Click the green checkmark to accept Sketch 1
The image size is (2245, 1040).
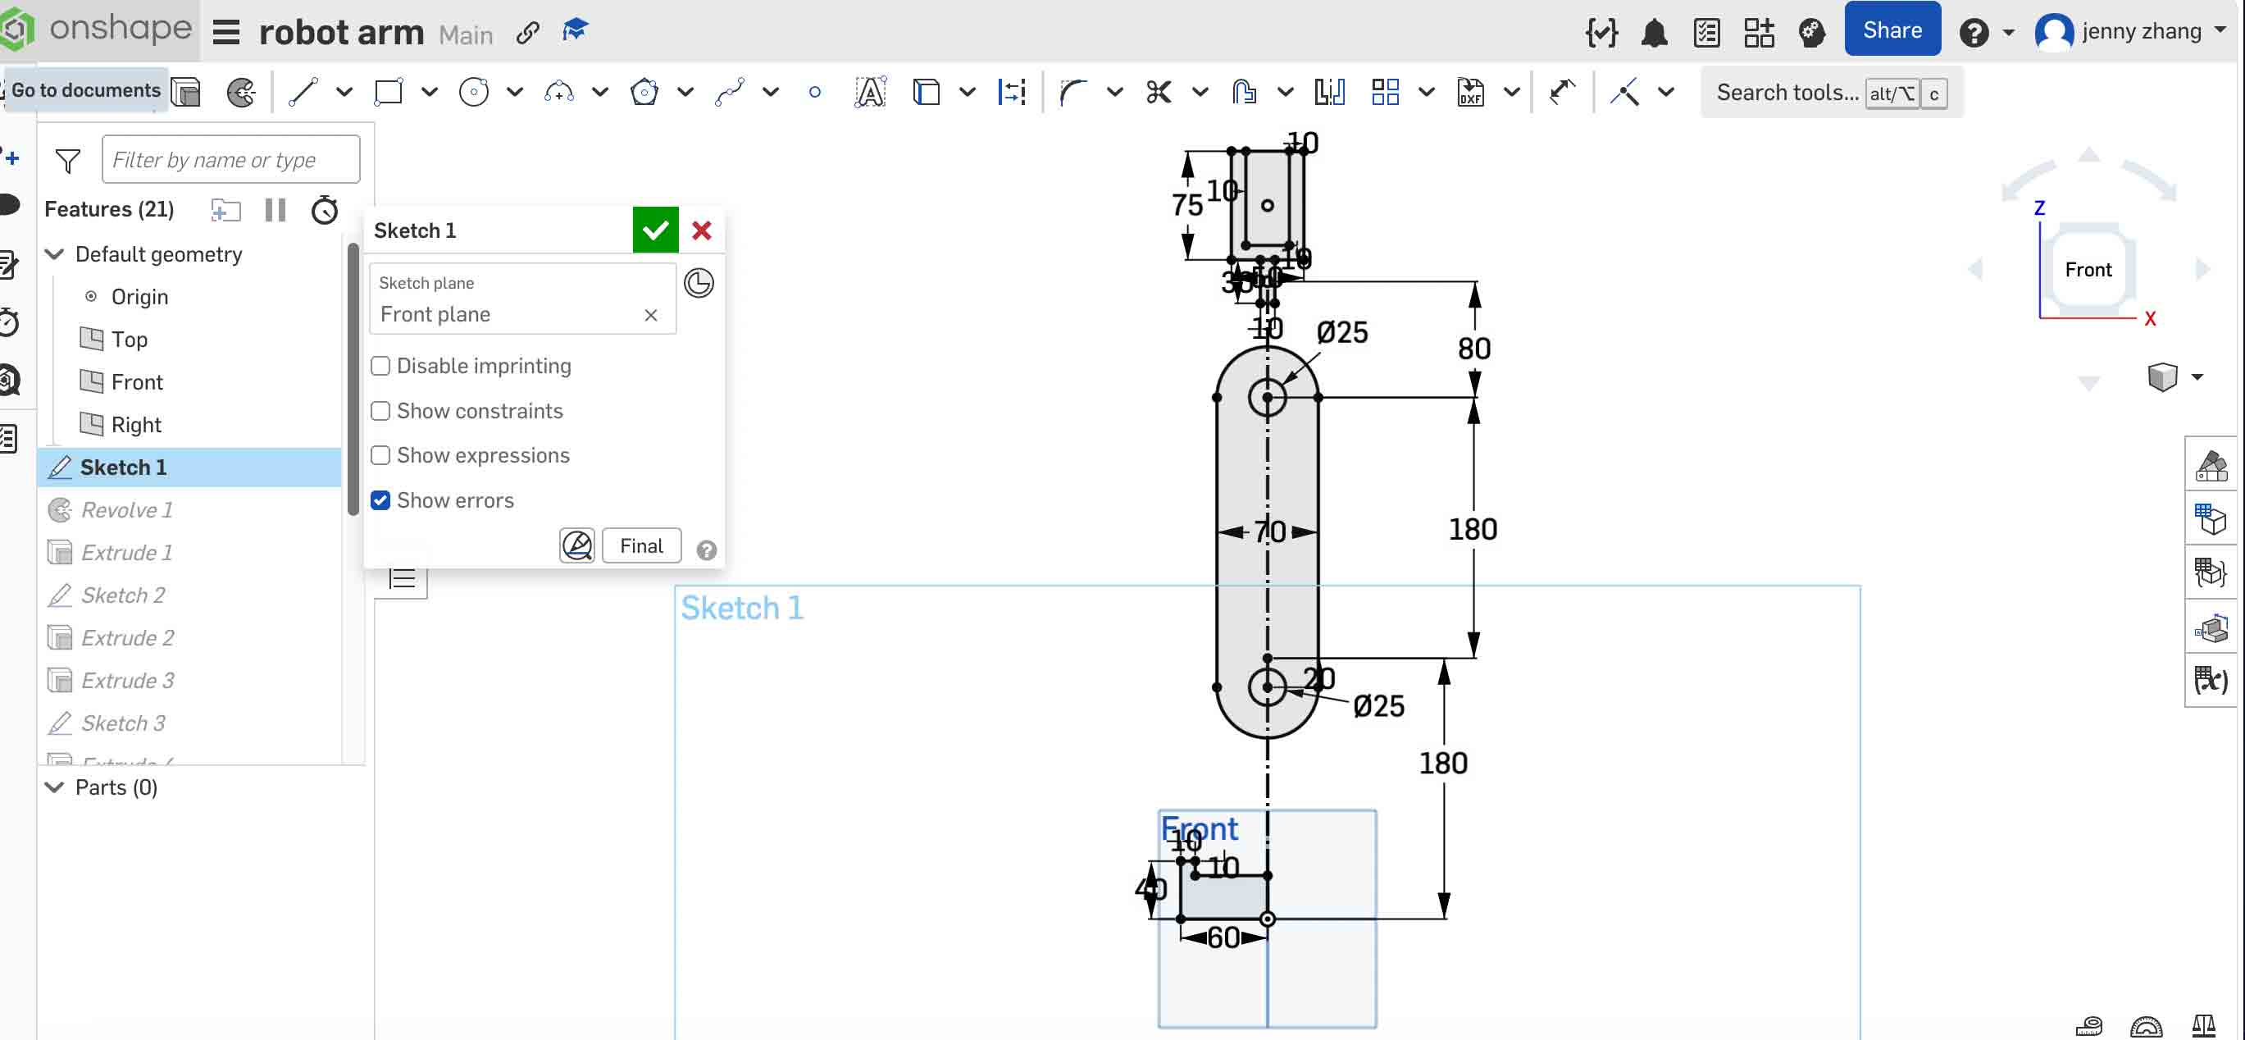point(654,230)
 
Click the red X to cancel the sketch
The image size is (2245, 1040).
point(702,230)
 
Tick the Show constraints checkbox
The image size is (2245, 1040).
point(380,411)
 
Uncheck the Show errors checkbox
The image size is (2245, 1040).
point(380,500)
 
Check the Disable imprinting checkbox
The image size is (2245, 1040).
point(380,366)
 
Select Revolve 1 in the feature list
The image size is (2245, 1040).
point(126,510)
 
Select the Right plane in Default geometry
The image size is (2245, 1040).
point(136,425)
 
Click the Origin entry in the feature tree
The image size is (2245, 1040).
point(139,296)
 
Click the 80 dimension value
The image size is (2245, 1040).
point(1473,349)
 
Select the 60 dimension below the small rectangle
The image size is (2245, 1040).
point(1223,937)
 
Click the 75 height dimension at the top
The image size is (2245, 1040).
point(1186,206)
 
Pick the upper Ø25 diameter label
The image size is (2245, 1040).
point(1341,332)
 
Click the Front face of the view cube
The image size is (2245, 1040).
point(2088,269)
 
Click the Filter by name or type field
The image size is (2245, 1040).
point(231,160)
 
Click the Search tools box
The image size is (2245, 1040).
point(1787,93)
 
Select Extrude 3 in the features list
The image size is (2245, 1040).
point(127,680)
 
